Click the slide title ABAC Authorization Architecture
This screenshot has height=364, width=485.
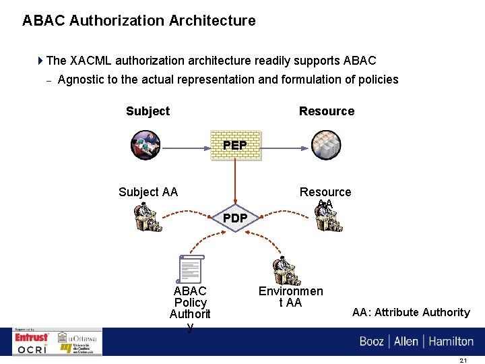tap(139, 21)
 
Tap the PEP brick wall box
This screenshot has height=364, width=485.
tap(234, 145)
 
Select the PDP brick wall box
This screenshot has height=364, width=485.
tap(234, 218)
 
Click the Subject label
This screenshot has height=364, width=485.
tap(148, 111)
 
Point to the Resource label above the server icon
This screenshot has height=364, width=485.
tap(327, 111)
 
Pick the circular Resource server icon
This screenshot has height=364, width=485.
tap(326, 145)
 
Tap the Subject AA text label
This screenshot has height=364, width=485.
tap(148, 192)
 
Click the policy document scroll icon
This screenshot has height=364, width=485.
tap(191, 269)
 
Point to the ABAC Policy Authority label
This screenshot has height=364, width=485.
tap(190, 309)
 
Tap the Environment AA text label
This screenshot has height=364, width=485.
tap(291, 297)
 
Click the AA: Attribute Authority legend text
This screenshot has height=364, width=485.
tap(411, 312)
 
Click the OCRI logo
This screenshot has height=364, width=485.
tap(32, 349)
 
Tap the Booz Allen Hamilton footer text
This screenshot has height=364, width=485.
tap(416, 341)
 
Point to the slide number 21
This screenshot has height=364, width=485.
tap(463, 360)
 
